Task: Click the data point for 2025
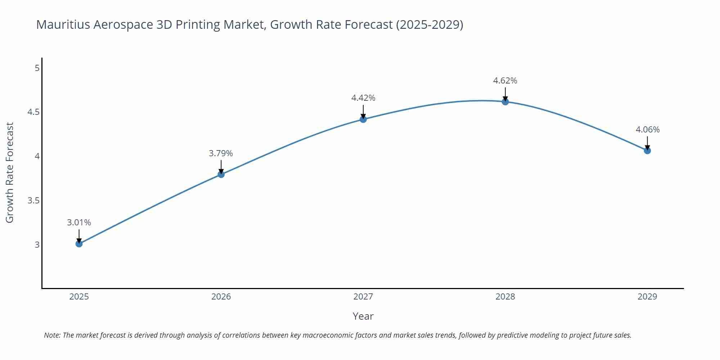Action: click(x=79, y=244)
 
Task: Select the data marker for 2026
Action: click(x=221, y=174)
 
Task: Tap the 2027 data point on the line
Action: click(x=363, y=119)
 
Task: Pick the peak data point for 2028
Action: click(x=505, y=102)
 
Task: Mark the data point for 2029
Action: click(x=647, y=150)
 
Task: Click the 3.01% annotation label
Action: click(x=79, y=222)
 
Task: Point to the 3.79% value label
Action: click(x=221, y=153)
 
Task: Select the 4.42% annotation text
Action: click(x=363, y=98)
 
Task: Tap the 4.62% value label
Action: click(x=505, y=81)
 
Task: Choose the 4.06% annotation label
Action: click(x=647, y=130)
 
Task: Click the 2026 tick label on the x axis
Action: click(x=221, y=297)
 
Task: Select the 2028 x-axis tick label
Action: click(x=505, y=297)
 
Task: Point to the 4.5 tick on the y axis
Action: click(x=33, y=112)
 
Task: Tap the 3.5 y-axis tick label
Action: click(x=33, y=201)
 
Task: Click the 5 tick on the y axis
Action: click(x=37, y=68)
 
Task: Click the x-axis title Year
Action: click(x=363, y=316)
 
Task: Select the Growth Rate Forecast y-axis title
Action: click(x=10, y=172)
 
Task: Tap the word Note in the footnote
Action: click(x=52, y=335)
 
